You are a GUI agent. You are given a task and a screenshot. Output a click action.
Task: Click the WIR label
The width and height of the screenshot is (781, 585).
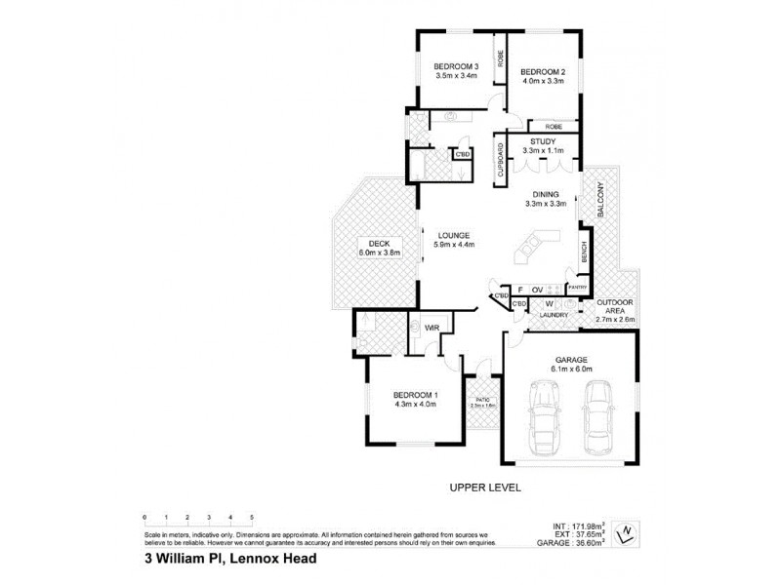pyautogui.click(x=430, y=329)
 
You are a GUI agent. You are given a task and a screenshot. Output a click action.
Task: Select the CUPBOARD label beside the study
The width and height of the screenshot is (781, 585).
pyautogui.click(x=500, y=159)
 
